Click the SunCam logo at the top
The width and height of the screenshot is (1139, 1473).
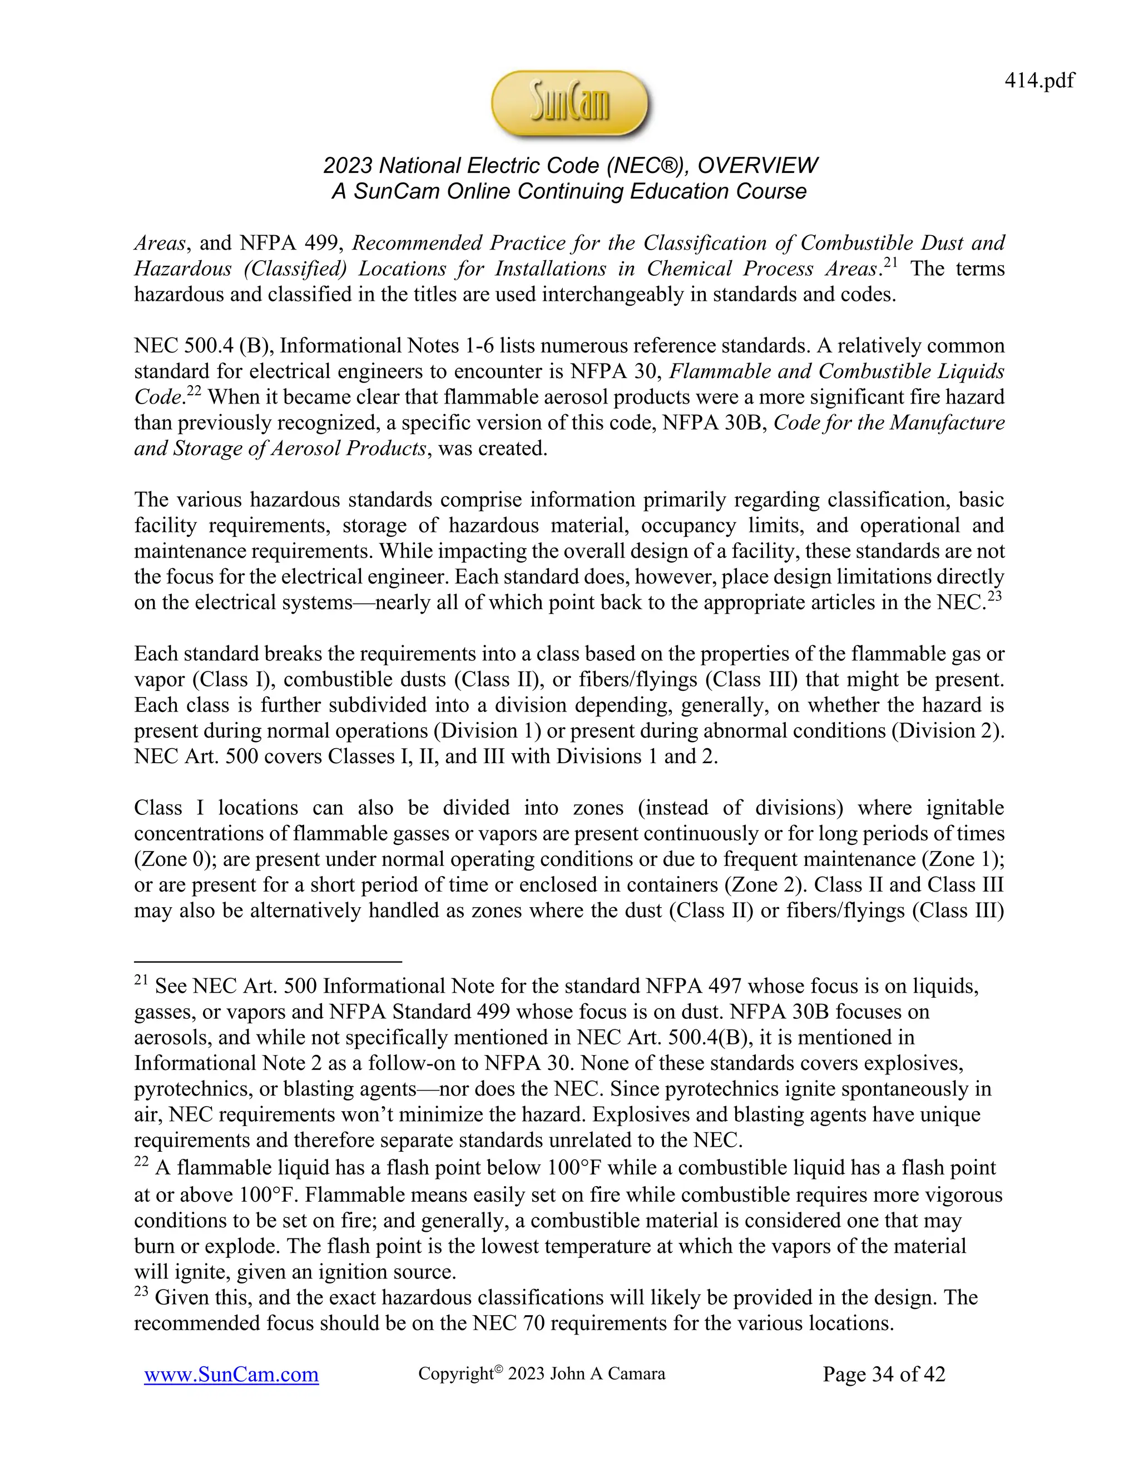click(570, 104)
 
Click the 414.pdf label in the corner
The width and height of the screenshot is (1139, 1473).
click(1039, 81)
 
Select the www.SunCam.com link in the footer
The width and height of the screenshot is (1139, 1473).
click(231, 1375)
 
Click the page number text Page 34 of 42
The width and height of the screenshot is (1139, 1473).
click(884, 1374)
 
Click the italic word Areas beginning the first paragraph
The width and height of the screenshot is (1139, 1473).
click(158, 243)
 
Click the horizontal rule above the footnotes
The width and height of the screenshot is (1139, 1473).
click(268, 962)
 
